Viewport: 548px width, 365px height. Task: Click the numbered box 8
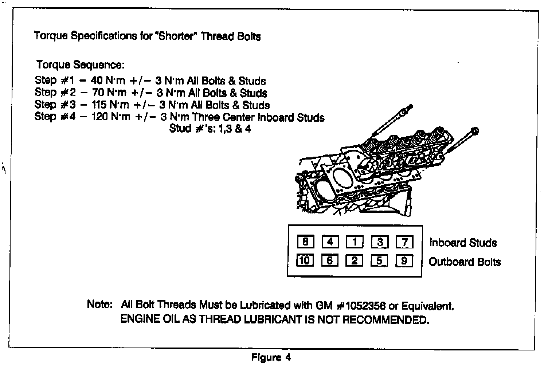point(305,242)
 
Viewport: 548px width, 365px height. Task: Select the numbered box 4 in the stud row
point(330,242)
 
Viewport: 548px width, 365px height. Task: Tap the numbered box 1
point(355,242)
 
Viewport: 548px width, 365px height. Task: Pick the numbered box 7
point(404,242)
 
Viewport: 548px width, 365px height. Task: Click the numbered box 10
point(305,260)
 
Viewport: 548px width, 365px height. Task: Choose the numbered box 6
point(330,260)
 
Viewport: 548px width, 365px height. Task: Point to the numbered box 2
point(355,260)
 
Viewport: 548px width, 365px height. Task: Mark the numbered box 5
point(380,261)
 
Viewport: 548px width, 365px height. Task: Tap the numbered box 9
point(404,261)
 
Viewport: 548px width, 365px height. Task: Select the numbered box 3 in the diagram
point(380,242)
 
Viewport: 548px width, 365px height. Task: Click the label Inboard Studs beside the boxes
point(463,243)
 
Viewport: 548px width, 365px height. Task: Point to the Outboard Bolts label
point(465,262)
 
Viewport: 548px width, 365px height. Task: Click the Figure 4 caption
point(271,357)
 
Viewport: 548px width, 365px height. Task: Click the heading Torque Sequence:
point(81,65)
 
